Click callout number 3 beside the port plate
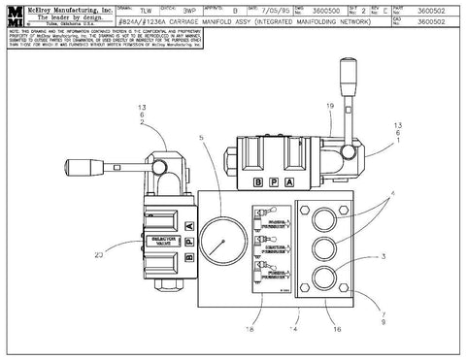point(384,257)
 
